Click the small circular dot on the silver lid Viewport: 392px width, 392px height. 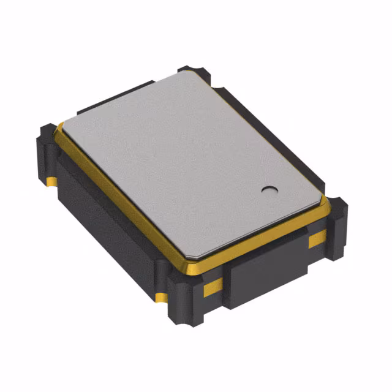click(x=268, y=190)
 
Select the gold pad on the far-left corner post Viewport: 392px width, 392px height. click(x=52, y=182)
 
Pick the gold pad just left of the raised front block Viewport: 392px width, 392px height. click(x=212, y=286)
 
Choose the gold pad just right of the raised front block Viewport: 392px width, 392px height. click(x=317, y=240)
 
